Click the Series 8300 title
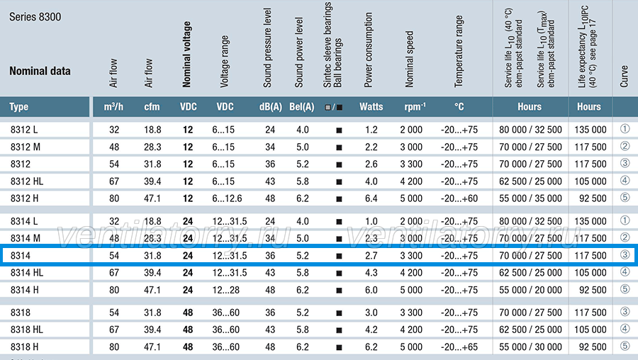[x=35, y=17]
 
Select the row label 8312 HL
[x=27, y=181]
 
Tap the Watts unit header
[x=371, y=107]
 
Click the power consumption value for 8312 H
[x=371, y=198]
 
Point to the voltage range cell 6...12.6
[x=227, y=198]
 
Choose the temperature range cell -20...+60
[x=459, y=198]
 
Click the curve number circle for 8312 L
[x=625, y=129]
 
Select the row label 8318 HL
[x=27, y=330]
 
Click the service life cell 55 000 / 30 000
[x=530, y=347]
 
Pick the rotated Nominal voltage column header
[x=186, y=55]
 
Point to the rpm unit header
[x=415, y=106]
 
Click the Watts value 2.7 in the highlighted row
[x=371, y=256]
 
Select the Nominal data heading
[x=40, y=71]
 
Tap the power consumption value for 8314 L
[x=371, y=221]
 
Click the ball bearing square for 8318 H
[x=339, y=347]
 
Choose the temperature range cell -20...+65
[x=459, y=347]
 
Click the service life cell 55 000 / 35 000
[x=530, y=198]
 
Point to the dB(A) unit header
[x=271, y=107]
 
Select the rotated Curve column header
[x=624, y=76]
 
